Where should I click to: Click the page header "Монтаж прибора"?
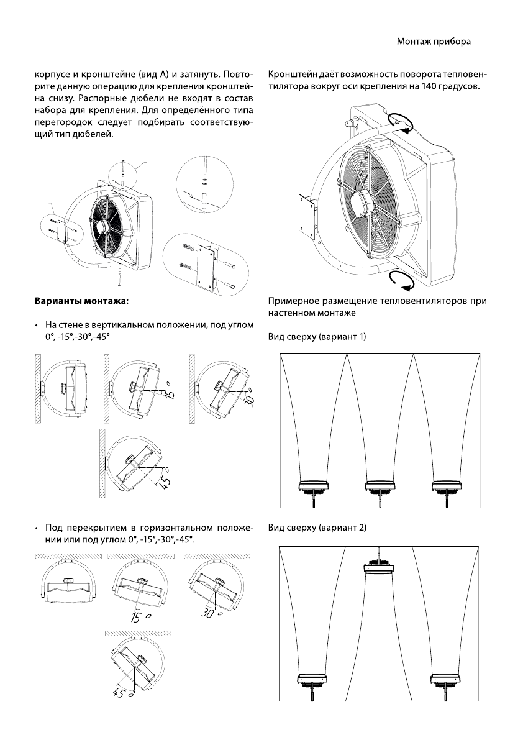tap(433, 42)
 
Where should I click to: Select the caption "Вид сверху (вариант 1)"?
tap(317, 336)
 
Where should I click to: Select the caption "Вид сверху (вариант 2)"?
tap(317, 528)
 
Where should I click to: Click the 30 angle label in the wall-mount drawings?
tap(250, 401)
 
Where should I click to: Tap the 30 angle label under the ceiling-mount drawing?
tap(209, 613)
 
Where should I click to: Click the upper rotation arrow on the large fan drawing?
tap(397, 122)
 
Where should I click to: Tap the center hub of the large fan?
tap(360, 201)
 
